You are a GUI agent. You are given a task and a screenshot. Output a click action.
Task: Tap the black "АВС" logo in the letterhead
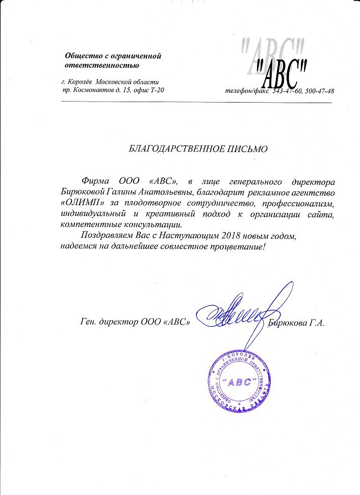click(x=280, y=72)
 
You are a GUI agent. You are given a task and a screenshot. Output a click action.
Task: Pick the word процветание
click(x=236, y=247)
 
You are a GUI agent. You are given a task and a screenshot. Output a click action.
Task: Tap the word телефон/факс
click(x=247, y=91)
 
